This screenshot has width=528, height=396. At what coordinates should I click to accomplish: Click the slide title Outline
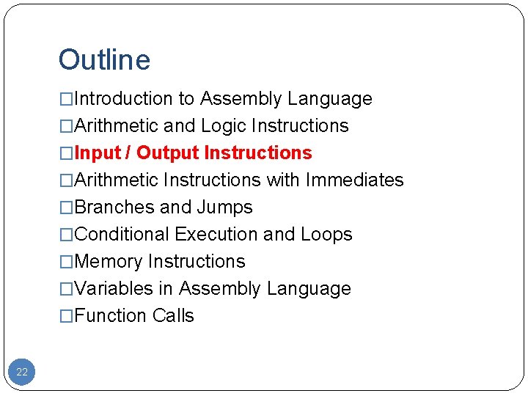pos(104,60)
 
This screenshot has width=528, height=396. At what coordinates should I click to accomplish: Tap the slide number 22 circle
pos(22,372)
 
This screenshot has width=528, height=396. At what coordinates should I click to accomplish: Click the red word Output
pos(168,153)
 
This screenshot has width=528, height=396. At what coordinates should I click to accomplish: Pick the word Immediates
pos(355,180)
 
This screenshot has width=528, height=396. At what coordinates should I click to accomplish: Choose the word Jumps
pos(224,208)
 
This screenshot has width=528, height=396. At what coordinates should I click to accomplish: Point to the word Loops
pos(326,234)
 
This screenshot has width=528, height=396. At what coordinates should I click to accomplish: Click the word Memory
pos(109,261)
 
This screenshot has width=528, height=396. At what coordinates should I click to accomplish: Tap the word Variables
pos(114,288)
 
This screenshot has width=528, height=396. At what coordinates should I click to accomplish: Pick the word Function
pos(111,315)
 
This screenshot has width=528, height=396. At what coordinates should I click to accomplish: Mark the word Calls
pos(174,315)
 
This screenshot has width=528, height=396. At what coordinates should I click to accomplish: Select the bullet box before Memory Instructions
pos(67,262)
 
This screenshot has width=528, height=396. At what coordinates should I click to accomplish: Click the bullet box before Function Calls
pos(67,316)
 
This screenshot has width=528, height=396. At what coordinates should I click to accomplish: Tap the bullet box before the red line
pos(67,153)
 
